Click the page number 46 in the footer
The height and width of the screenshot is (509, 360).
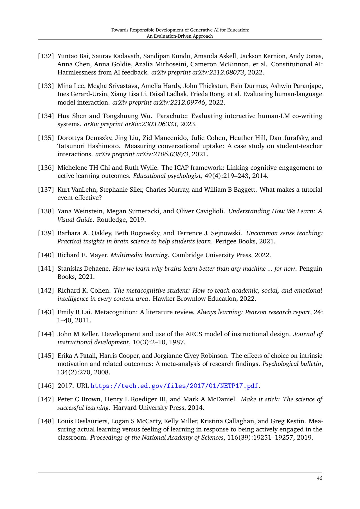[319, 478]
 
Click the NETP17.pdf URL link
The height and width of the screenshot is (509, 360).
[174, 386]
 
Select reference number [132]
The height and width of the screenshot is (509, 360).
[46, 56]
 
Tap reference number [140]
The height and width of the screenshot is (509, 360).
[46, 255]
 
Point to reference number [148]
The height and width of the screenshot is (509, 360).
[46, 421]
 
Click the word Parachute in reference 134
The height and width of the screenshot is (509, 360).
[172, 116]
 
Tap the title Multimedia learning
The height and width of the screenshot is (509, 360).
[139, 255]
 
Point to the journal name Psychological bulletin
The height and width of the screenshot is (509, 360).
[292, 364]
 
